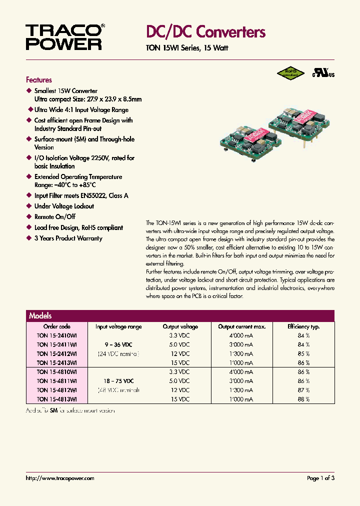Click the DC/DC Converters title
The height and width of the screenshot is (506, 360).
coord(205,32)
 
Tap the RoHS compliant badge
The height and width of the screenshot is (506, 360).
coord(290,73)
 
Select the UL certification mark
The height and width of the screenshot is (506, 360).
coord(324,73)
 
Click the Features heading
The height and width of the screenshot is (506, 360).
coord(38,80)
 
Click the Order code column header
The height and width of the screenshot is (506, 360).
coord(56,326)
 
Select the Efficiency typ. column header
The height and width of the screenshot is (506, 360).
coord(303,326)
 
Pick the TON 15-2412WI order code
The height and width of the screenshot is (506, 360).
coord(56,353)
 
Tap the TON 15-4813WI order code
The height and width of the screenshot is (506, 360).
coord(56,399)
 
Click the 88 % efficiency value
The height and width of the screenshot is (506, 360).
coord(304,399)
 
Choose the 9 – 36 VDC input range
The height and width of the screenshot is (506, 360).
coord(118,344)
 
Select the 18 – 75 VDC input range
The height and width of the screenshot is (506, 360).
coord(118,381)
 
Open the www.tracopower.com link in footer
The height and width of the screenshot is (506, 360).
coord(60,478)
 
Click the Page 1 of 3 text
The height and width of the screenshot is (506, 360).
coord(320,478)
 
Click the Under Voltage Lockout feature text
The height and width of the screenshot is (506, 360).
coord(64,206)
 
